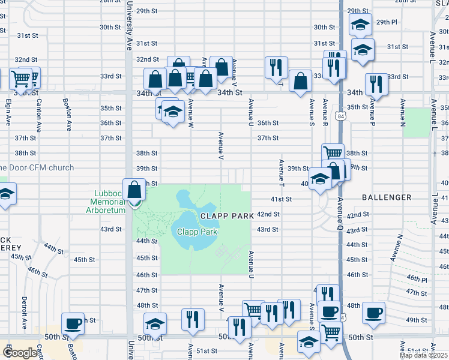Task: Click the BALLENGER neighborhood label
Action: pos(387,197)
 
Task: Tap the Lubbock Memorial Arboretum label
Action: pos(109,202)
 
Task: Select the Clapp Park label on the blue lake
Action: pos(196,232)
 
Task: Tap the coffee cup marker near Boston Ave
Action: pos(74,323)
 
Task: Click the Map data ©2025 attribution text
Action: pos(423,355)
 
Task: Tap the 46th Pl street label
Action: pos(415,280)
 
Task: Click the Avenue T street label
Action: pos(281,172)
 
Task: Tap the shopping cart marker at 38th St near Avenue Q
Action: pos(333,154)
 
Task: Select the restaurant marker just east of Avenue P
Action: pos(376,83)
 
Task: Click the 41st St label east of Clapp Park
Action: pos(281,199)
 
